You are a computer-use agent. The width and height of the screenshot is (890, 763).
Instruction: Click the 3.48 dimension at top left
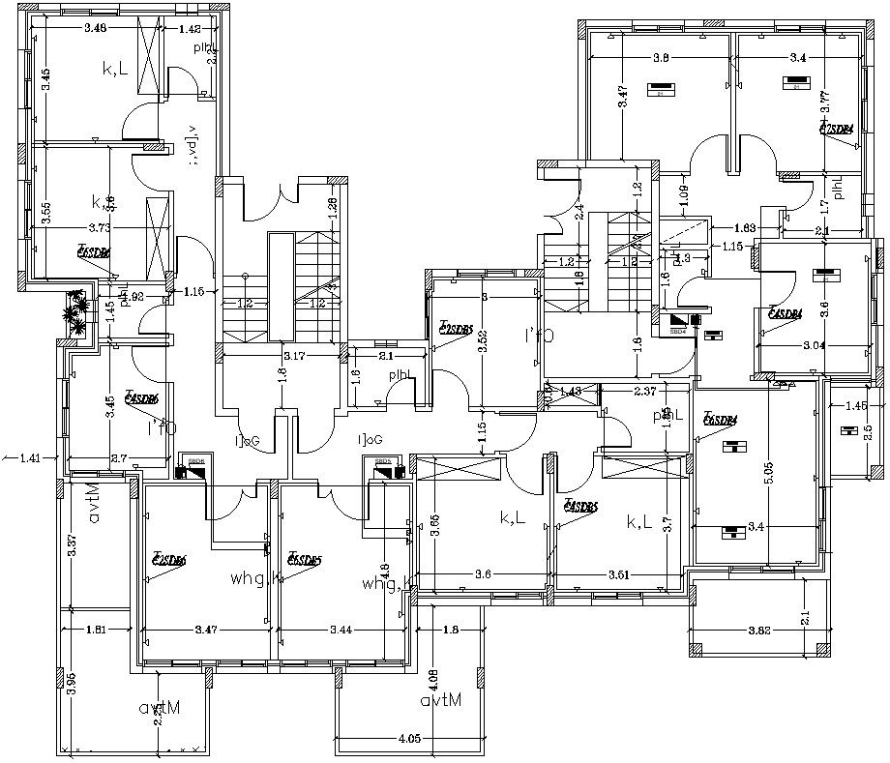tap(95, 28)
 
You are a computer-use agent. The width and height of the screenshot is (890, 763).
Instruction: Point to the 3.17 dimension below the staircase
tap(293, 356)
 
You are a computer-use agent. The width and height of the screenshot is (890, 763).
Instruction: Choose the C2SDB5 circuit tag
tap(455, 329)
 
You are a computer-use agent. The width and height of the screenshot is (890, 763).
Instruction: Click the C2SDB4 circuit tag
tap(837, 129)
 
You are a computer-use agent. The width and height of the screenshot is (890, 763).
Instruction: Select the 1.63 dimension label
tap(744, 227)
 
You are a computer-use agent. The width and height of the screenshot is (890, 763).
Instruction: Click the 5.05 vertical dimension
tap(768, 474)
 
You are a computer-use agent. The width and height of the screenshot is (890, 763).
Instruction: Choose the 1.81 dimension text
tap(96, 630)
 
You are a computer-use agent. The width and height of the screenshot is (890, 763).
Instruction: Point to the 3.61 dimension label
tap(618, 574)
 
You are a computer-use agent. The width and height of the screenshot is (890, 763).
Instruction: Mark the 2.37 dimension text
tap(645, 391)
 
